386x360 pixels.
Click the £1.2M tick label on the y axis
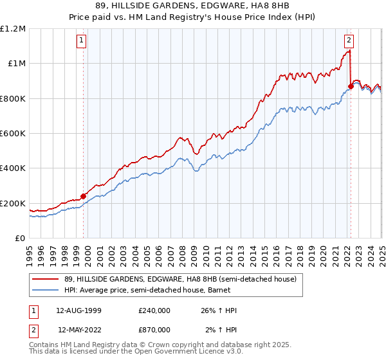(x=13, y=29)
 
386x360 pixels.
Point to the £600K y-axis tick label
(x=13, y=134)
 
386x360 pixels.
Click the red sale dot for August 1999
(x=84, y=196)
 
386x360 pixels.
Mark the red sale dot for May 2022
(x=351, y=86)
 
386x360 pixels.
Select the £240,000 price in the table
(x=154, y=310)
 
